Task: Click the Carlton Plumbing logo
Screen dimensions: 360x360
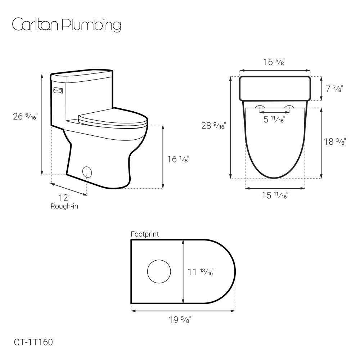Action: pyautogui.click(x=67, y=24)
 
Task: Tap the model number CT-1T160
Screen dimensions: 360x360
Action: pyautogui.click(x=33, y=342)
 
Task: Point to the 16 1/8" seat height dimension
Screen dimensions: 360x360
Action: pyautogui.click(x=178, y=159)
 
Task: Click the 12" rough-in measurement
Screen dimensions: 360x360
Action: pyautogui.click(x=64, y=198)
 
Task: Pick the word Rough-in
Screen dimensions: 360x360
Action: pyautogui.click(x=64, y=206)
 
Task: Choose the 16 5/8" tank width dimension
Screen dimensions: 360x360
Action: pyautogui.click(x=274, y=62)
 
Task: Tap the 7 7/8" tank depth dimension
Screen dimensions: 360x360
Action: pyautogui.click(x=334, y=89)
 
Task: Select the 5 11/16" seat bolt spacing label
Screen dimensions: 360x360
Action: pyautogui.click(x=274, y=120)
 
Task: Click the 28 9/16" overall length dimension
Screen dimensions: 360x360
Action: pyautogui.click(x=213, y=126)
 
